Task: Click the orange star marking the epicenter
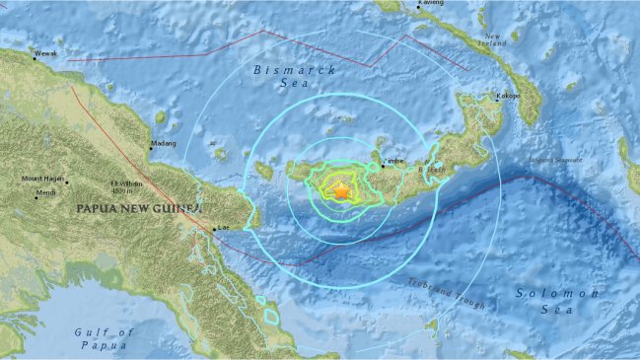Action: tap(341, 191)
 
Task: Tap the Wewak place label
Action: tap(46, 53)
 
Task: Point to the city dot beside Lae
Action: tap(215, 231)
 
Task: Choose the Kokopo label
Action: tap(508, 97)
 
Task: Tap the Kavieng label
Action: tap(431, 3)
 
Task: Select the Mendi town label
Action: tap(33, 192)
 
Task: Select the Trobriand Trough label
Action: tap(446, 292)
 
